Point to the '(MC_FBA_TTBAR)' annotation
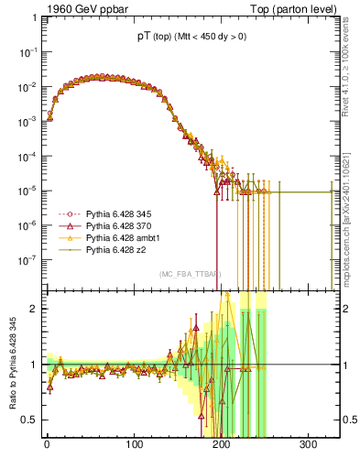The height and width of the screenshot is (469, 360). tap(189, 275)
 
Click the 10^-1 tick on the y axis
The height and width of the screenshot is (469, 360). tap(28, 53)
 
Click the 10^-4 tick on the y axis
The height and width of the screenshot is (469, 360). tap(28, 157)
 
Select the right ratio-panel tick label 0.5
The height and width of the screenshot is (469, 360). tap(349, 420)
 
